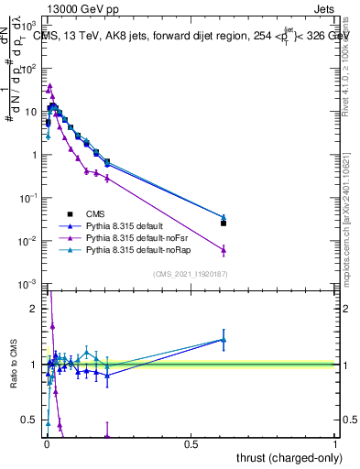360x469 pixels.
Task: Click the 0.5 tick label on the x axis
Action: point(190,444)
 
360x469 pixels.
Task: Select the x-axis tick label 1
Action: point(335,444)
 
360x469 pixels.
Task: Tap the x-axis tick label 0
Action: point(45,444)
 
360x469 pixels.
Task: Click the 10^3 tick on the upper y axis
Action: point(30,26)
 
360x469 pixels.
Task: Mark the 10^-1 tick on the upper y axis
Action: point(29,198)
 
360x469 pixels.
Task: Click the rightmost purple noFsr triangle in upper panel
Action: point(224,249)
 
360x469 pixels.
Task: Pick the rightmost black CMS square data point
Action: point(224,223)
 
